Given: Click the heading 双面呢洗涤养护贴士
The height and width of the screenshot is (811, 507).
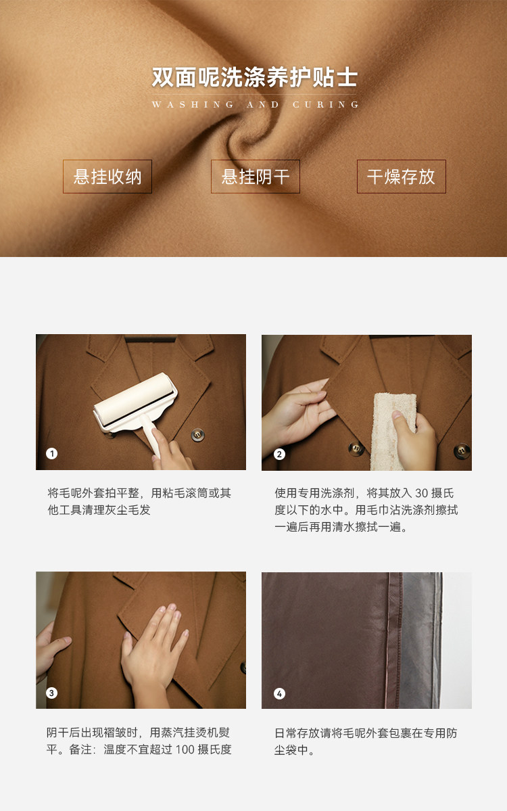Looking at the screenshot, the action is click(255, 77).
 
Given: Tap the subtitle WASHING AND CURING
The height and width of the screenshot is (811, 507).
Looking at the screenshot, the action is click(256, 104).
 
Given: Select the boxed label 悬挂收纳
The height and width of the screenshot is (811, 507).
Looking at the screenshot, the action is click(107, 177).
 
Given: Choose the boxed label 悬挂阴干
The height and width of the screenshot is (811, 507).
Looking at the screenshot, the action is click(256, 177).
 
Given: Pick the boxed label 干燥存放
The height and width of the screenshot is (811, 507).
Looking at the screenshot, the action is click(401, 177).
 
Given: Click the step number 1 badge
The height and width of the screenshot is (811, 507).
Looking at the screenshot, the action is click(51, 454).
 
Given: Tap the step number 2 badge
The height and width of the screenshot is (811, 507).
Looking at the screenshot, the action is click(279, 454).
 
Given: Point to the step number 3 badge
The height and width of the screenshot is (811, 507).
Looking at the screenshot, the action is click(51, 693).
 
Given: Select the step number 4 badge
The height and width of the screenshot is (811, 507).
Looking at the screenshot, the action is click(279, 693).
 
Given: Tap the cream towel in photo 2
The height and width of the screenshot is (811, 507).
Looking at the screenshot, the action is click(393, 432).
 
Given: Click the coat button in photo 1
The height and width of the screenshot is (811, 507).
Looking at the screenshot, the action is click(197, 434).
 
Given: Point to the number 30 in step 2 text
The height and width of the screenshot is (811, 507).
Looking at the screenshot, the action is click(422, 493).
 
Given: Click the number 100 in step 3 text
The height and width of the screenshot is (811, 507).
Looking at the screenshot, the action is click(185, 749).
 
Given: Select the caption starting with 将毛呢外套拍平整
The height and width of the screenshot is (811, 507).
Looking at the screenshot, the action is click(139, 501).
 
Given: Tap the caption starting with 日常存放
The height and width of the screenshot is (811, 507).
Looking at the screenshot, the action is click(366, 741).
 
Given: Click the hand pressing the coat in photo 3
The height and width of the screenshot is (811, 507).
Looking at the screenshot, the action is click(153, 651).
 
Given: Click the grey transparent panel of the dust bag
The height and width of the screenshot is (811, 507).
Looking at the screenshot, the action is click(420, 640).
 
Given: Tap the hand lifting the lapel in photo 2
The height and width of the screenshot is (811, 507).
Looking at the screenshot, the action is click(299, 414).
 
